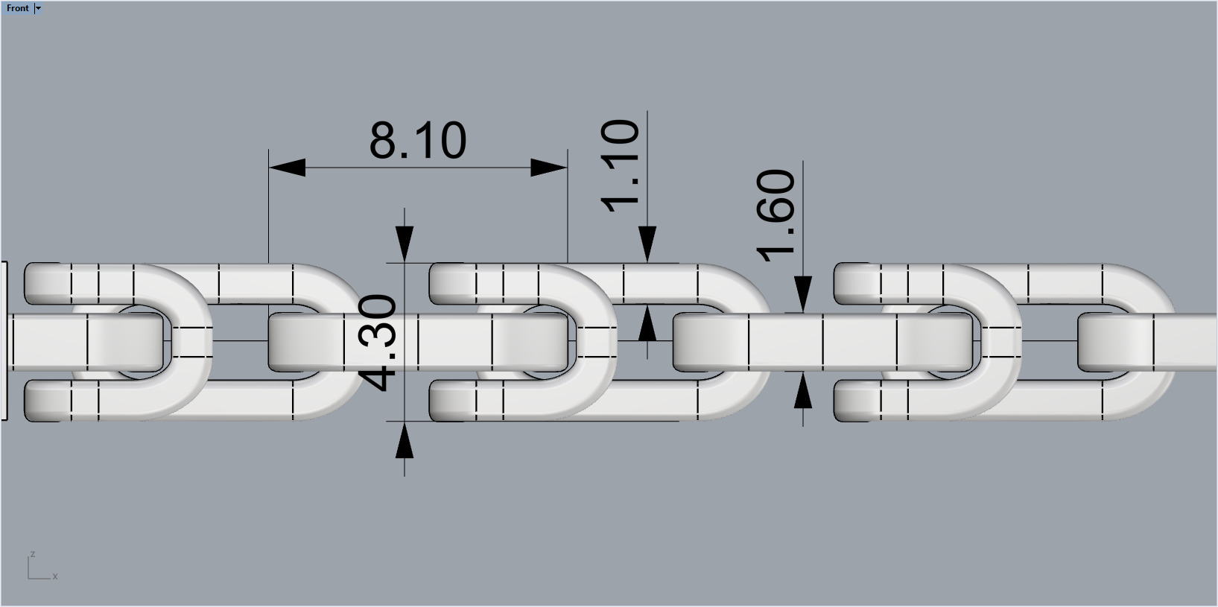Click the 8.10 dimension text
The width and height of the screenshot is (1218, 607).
click(x=418, y=140)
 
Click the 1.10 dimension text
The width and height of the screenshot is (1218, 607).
click(x=620, y=165)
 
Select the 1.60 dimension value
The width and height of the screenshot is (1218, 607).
click(x=776, y=214)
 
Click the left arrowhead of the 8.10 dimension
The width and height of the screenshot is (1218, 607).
click(x=288, y=168)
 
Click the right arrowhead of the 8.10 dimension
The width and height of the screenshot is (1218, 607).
click(x=548, y=168)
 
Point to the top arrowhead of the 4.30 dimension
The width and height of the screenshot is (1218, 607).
click(x=404, y=244)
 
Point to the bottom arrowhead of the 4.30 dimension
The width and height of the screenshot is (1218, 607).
click(x=404, y=440)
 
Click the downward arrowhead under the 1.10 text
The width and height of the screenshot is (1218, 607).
click(x=647, y=244)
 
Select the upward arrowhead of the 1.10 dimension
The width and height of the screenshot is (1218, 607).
click(x=647, y=323)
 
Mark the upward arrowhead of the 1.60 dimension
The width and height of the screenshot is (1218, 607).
click(x=802, y=390)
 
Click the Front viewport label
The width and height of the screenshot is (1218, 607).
click(x=17, y=8)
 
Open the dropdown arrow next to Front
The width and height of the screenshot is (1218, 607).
click(x=39, y=8)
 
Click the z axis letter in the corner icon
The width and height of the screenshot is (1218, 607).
click(x=32, y=554)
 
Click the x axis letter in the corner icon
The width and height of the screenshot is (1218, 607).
click(x=55, y=576)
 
